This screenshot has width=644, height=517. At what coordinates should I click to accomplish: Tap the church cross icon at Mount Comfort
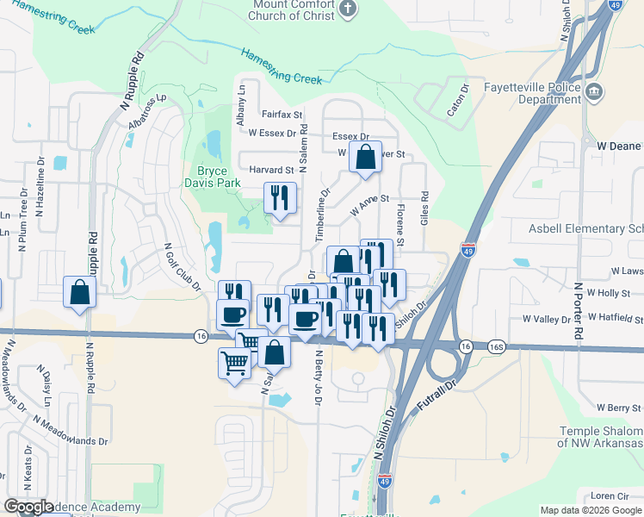click(x=347, y=10)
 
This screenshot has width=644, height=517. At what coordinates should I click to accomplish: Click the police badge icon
click(x=593, y=91)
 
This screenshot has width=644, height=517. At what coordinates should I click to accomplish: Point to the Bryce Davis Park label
click(x=212, y=177)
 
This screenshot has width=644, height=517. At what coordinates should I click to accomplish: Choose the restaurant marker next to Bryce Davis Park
click(x=279, y=197)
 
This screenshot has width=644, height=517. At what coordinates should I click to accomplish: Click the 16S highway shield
click(x=495, y=346)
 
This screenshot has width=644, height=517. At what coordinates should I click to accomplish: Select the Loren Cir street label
click(x=610, y=495)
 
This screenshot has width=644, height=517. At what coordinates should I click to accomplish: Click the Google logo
click(x=29, y=507)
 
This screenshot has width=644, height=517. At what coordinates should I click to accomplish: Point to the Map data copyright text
click(x=591, y=510)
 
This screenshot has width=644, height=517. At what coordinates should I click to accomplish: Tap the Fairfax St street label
click(x=282, y=114)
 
